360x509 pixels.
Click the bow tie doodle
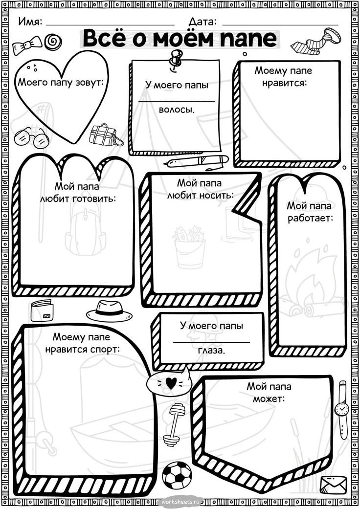click(27, 45)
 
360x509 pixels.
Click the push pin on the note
click(175, 59)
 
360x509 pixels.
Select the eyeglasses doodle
click(32, 137)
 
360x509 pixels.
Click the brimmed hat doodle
click(109, 311)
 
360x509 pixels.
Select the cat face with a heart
click(168, 381)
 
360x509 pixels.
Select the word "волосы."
click(177, 110)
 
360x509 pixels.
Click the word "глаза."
click(211, 350)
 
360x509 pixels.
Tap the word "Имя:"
click(30, 22)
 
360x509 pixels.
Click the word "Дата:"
click(202, 22)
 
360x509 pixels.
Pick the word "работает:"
click(310, 218)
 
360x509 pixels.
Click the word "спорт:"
click(105, 350)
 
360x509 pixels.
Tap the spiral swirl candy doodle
click(53, 42)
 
